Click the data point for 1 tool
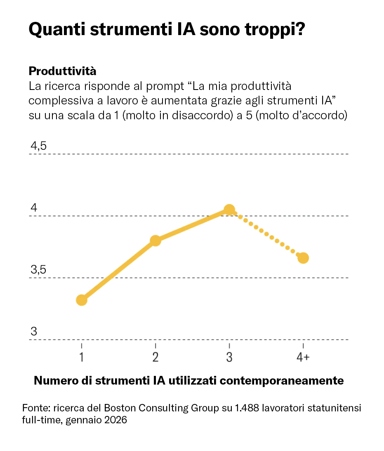(x=82, y=300)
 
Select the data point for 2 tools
(x=155, y=241)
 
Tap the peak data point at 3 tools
(x=229, y=210)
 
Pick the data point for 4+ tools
(x=303, y=258)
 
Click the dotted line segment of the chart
(x=266, y=234)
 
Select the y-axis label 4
(x=34, y=208)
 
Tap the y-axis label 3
(x=34, y=332)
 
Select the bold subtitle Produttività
(x=62, y=71)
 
